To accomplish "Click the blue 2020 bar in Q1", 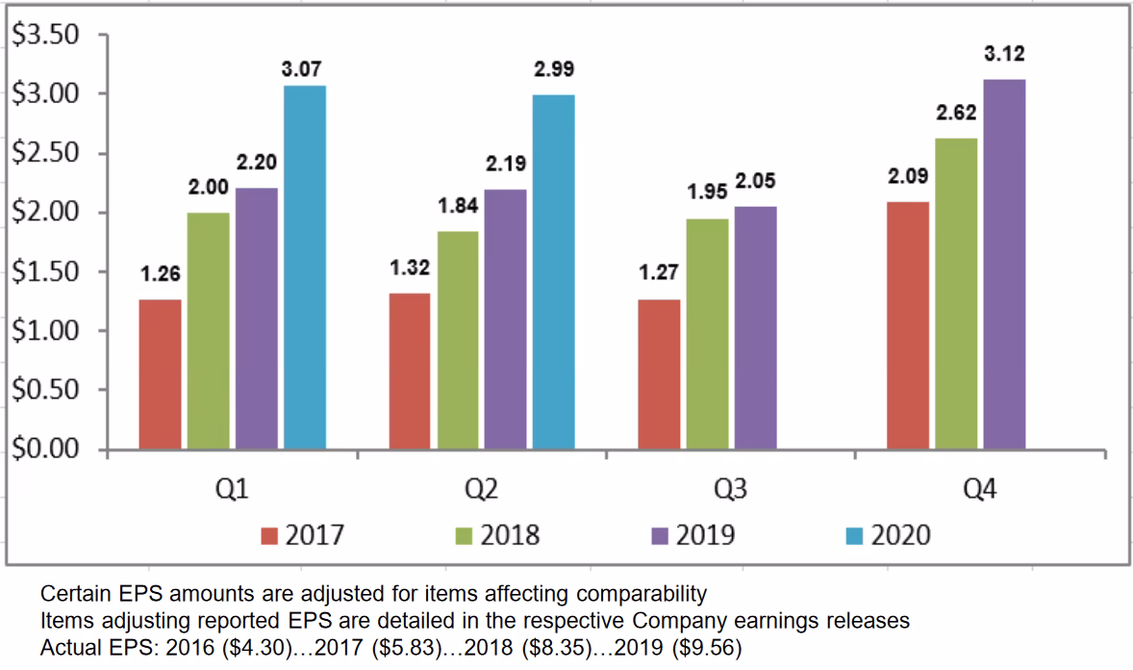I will (x=304, y=268).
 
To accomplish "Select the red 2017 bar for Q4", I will (x=908, y=325).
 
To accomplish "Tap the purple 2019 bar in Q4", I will (x=1004, y=265).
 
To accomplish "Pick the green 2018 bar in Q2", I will (x=459, y=340).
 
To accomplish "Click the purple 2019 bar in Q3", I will (x=755, y=327).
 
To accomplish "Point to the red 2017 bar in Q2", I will (x=410, y=371).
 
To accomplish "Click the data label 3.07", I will (x=304, y=69).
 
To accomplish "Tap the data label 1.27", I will (x=659, y=273).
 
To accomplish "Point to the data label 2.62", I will (x=956, y=113).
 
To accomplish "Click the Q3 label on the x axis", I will (x=731, y=491).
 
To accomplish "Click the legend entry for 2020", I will (x=890, y=534).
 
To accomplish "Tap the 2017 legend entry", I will (x=303, y=534).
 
